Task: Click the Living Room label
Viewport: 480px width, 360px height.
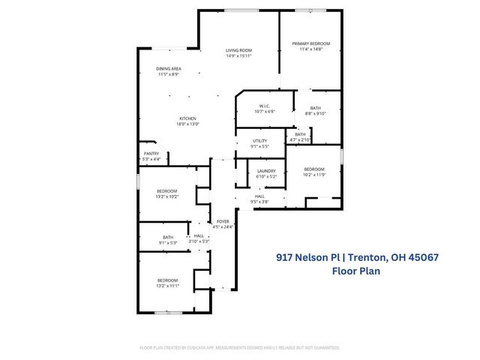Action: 238,52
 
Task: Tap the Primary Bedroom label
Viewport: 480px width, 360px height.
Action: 310,46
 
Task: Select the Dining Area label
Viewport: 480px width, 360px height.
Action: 169,71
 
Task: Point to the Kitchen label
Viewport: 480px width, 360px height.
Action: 187,121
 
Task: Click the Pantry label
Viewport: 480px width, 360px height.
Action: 151,156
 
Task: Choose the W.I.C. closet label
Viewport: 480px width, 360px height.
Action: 264,108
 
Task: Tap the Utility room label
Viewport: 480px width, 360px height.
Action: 260,143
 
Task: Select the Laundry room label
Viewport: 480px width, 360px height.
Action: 266,173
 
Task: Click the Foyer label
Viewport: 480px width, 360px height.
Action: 223,223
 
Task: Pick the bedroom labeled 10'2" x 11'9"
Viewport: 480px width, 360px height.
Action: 314,172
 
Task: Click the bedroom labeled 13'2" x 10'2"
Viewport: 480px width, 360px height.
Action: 166,193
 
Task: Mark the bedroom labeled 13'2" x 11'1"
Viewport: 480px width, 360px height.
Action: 166,283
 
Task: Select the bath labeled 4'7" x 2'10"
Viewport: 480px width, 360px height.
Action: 300,136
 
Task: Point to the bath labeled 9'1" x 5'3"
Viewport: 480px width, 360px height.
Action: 166,240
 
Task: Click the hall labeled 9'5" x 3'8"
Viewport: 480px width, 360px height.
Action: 259,199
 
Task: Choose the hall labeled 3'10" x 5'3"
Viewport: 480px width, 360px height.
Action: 199,238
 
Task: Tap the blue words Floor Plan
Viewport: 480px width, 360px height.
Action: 356,271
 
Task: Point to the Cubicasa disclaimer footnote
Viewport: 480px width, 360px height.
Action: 240,348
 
